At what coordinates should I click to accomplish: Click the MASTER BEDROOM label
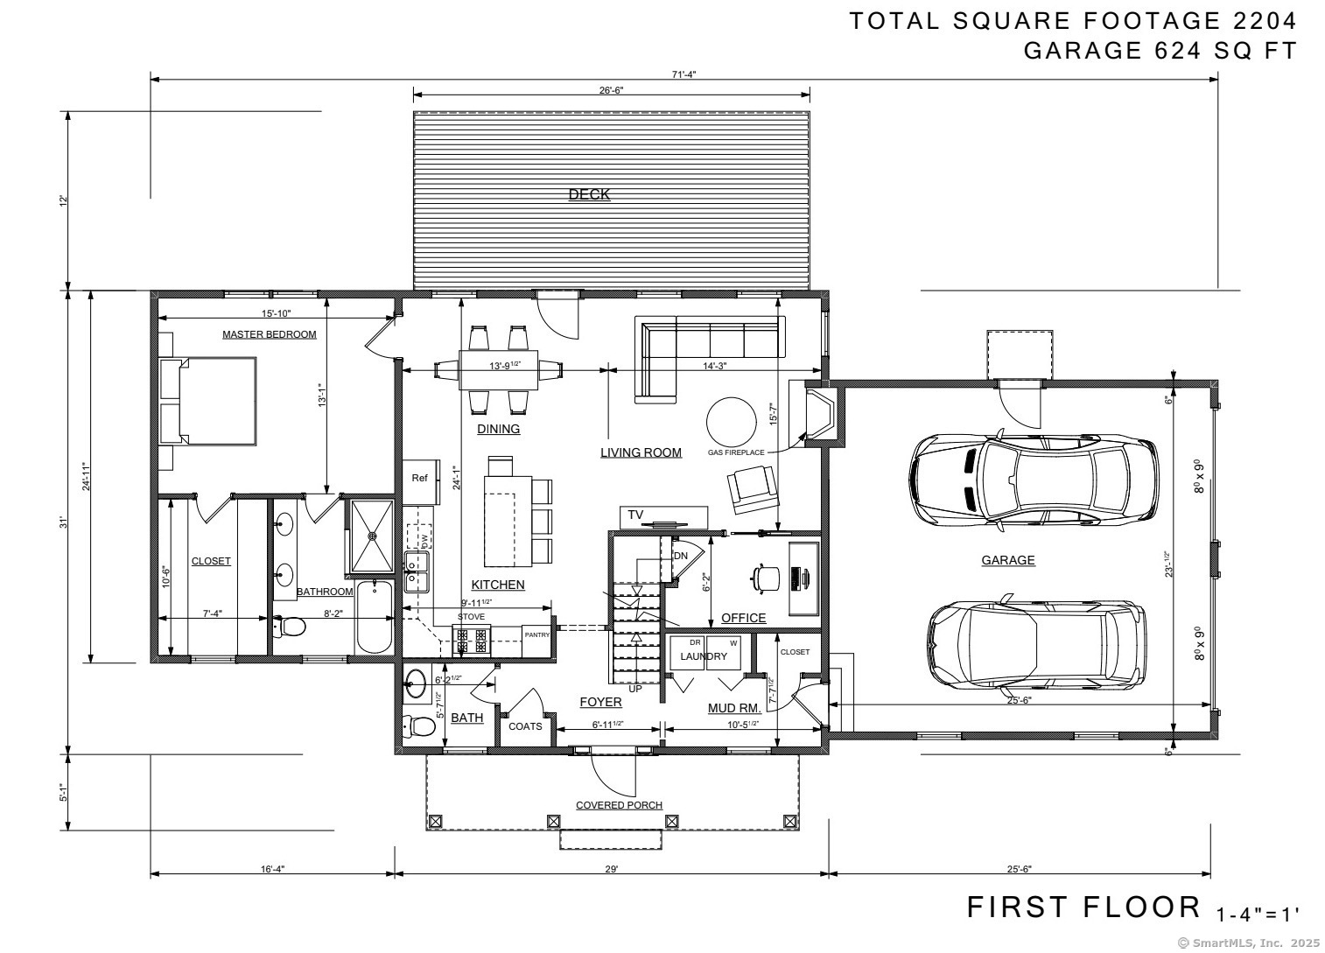pyautogui.click(x=269, y=334)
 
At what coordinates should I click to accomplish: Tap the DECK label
pyautogui.click(x=589, y=194)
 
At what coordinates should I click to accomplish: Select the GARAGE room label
pyautogui.click(x=1007, y=560)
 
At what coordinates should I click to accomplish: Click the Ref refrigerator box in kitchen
pyautogui.click(x=419, y=479)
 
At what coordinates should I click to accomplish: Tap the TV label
pyautogui.click(x=635, y=514)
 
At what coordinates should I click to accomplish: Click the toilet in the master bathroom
pyautogui.click(x=291, y=627)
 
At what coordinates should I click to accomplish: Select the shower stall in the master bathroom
pyautogui.click(x=374, y=535)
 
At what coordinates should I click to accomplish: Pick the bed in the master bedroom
pyautogui.click(x=208, y=401)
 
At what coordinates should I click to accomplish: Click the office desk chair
pyautogui.click(x=768, y=577)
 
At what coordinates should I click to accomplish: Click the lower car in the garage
pyautogui.click(x=1037, y=646)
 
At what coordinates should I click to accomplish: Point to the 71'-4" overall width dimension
pyautogui.click(x=684, y=74)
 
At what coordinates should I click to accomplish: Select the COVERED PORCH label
pyautogui.click(x=619, y=805)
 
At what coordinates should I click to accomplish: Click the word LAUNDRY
pyautogui.click(x=704, y=656)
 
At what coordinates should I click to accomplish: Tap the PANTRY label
pyautogui.click(x=536, y=634)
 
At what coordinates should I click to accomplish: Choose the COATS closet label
pyautogui.click(x=525, y=726)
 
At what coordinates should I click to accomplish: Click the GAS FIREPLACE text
pyautogui.click(x=736, y=452)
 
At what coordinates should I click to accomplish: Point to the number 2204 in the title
pyautogui.click(x=1260, y=21)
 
